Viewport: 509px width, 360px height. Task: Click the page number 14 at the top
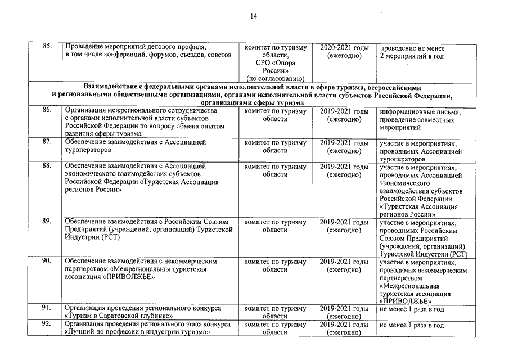(x=254, y=16)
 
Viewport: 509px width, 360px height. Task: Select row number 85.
(x=48, y=47)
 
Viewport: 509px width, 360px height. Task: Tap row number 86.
(x=48, y=110)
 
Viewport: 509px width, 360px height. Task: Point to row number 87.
(x=48, y=142)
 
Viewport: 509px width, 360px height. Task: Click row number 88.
(x=48, y=165)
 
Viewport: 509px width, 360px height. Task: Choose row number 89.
(x=48, y=221)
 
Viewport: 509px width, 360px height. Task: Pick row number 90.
(x=48, y=261)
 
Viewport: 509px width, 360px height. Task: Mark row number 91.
(x=48, y=308)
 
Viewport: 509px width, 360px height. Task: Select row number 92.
(x=48, y=325)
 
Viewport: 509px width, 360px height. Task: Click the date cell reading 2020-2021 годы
(x=344, y=48)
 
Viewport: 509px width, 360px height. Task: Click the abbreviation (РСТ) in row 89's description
(x=110, y=237)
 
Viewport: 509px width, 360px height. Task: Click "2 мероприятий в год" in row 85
(x=412, y=56)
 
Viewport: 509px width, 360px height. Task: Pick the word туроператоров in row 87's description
(x=88, y=151)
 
